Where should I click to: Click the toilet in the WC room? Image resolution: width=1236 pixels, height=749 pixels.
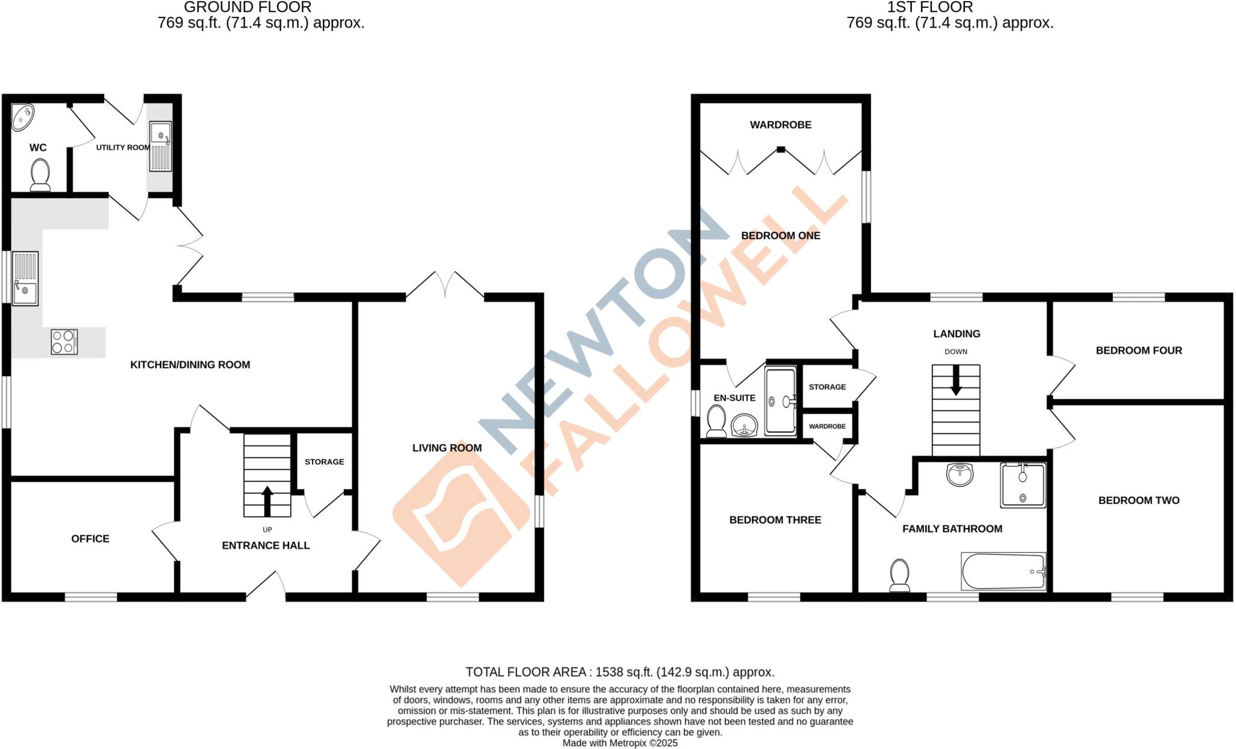(40, 174)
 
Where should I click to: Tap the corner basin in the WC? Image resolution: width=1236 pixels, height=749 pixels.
(23, 117)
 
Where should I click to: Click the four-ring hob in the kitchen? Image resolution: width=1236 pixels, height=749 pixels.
(64, 341)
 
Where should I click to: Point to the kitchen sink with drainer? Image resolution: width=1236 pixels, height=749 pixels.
(25, 278)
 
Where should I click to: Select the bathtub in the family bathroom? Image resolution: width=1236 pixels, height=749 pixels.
(1003, 572)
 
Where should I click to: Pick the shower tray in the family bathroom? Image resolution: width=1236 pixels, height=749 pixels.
(1023, 485)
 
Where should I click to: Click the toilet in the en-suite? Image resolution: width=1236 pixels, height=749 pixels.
(716, 421)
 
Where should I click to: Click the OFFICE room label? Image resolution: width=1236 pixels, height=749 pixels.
(91, 538)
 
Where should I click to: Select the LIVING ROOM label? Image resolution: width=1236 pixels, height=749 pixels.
(447, 448)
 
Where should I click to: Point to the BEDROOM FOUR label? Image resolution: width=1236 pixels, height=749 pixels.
(1139, 350)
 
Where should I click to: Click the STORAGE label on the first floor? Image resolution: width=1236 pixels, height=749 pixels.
(827, 387)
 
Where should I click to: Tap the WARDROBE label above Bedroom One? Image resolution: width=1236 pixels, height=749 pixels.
(780, 125)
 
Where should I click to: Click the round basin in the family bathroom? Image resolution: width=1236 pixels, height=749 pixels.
(960, 474)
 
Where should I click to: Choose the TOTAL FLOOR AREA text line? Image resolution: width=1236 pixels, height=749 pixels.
(620, 672)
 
